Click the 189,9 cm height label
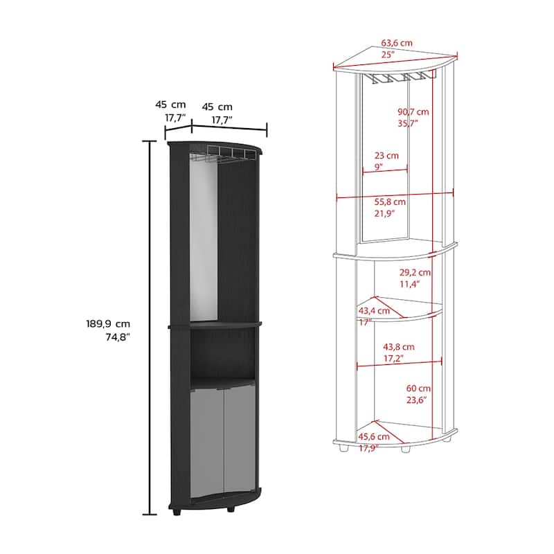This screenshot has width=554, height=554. point(108,323)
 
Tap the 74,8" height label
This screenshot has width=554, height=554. point(118,337)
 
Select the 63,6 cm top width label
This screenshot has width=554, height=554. point(396,43)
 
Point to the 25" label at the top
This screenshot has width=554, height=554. point(388,55)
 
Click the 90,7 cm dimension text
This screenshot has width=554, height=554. point(413,112)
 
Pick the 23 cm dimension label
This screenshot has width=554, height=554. point(386,155)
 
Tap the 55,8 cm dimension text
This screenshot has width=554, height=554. point(390,202)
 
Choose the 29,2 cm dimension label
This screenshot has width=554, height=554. point(415,272)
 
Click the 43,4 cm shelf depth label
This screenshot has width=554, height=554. point(374,311)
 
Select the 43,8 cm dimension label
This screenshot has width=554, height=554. point(399,347)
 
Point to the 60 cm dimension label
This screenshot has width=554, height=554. point(418,388)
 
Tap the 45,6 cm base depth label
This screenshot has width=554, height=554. point(374,437)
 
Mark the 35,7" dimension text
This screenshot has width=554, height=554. point(408,123)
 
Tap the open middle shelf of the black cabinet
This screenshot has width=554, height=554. point(222,354)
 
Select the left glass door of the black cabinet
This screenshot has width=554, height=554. point(207,443)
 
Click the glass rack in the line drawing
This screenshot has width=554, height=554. point(399,78)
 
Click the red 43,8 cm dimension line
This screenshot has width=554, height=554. point(400,363)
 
